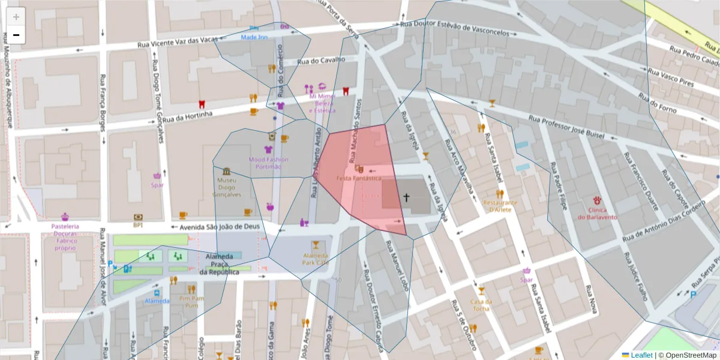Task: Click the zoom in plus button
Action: coord(16,17)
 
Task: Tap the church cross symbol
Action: coord(406,197)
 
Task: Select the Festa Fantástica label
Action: coord(359,178)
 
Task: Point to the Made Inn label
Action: coord(254,37)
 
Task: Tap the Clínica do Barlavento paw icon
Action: coord(598,200)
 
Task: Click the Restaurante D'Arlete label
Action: coord(497,206)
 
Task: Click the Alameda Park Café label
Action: coord(316,259)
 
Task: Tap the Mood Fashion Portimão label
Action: coord(268,163)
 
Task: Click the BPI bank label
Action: coord(138,225)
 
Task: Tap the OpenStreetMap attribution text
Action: coord(687,355)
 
